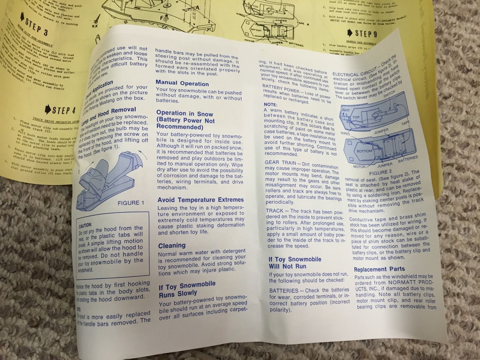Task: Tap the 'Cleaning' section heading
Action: click(172, 246)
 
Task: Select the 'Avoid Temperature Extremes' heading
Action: click(201, 200)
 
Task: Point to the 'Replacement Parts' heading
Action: click(379, 269)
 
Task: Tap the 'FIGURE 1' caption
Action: click(128, 203)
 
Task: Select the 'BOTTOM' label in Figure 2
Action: click(364, 151)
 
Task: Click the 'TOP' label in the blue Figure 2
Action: click(356, 117)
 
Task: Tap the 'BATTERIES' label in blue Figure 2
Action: click(408, 158)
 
